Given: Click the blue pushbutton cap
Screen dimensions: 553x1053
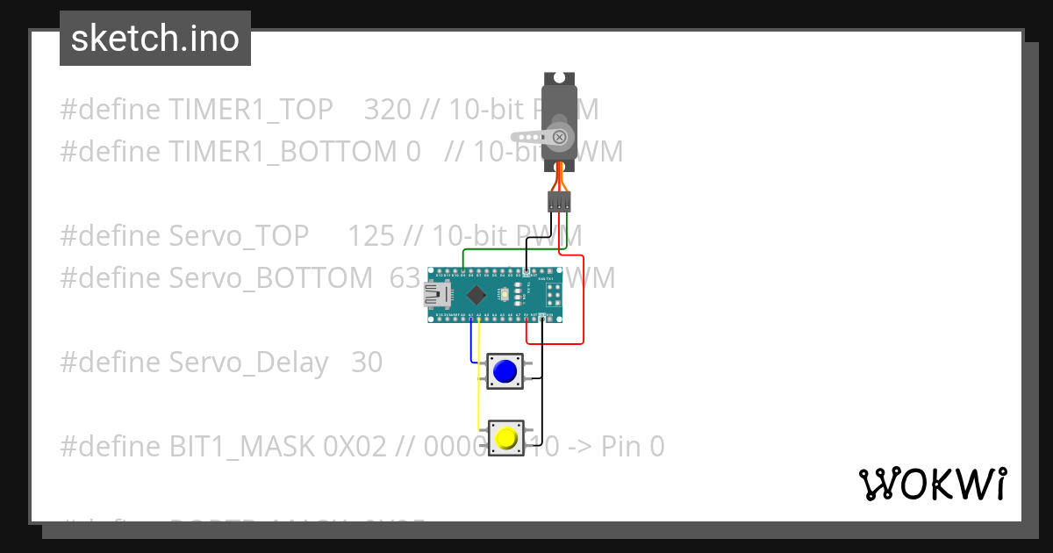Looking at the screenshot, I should [x=505, y=371].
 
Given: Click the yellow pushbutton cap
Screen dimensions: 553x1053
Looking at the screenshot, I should [x=505, y=437].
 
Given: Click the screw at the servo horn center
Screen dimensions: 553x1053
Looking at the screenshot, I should [x=559, y=137].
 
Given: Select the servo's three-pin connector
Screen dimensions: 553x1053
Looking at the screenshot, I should [x=559, y=201].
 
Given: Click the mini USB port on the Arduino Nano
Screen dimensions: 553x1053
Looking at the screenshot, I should [x=433, y=295].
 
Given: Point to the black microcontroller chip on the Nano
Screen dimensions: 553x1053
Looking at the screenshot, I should [x=476, y=295].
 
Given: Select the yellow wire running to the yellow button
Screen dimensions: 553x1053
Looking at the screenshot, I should [x=478, y=386].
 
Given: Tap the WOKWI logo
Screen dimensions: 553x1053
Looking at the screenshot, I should [x=932, y=484].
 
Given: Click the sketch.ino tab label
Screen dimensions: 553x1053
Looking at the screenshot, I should [x=155, y=39].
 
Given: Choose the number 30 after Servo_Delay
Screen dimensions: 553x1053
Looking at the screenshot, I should [x=367, y=363].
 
